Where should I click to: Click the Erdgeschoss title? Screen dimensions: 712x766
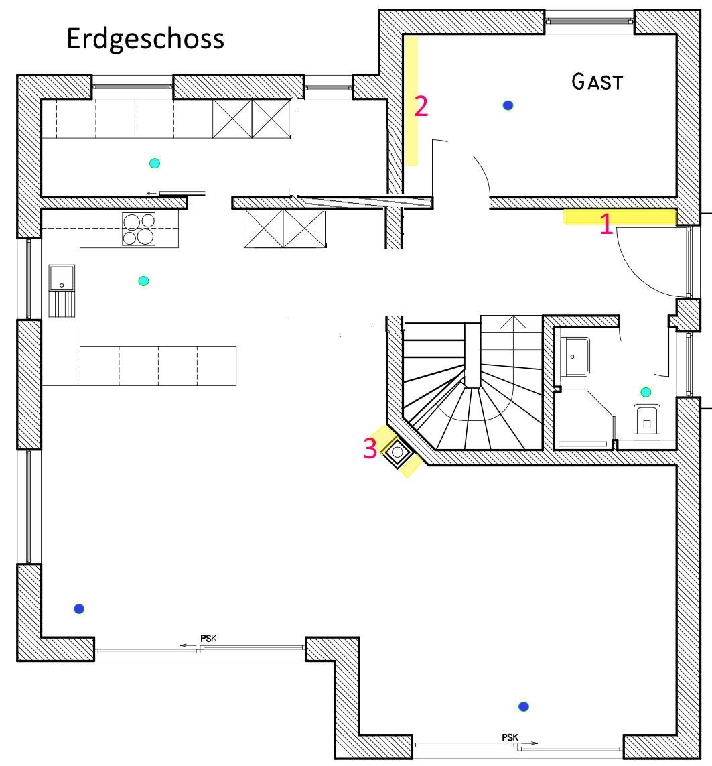(x=145, y=39)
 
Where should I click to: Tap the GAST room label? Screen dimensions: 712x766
(x=597, y=82)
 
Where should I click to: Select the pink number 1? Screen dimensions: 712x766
(x=606, y=224)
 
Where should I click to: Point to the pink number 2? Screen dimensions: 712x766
(x=421, y=106)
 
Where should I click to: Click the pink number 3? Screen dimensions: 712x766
(x=370, y=448)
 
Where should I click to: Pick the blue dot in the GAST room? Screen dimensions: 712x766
(x=508, y=105)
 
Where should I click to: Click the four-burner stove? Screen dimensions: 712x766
(x=139, y=229)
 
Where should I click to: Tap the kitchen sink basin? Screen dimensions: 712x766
(x=62, y=278)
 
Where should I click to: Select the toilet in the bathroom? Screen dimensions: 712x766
(x=646, y=422)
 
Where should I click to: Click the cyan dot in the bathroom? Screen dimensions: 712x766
(x=646, y=392)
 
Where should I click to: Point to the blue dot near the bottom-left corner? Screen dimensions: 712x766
(x=79, y=609)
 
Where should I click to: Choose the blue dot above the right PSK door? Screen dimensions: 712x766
(x=524, y=706)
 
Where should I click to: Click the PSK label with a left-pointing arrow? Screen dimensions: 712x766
(x=208, y=639)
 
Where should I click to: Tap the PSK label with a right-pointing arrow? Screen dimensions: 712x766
(x=510, y=737)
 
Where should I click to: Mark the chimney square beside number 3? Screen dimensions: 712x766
(x=397, y=452)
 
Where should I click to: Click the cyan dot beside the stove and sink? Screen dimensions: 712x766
(x=143, y=281)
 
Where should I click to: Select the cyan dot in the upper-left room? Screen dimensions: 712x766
(x=155, y=163)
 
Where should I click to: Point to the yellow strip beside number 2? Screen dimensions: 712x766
(x=411, y=101)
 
